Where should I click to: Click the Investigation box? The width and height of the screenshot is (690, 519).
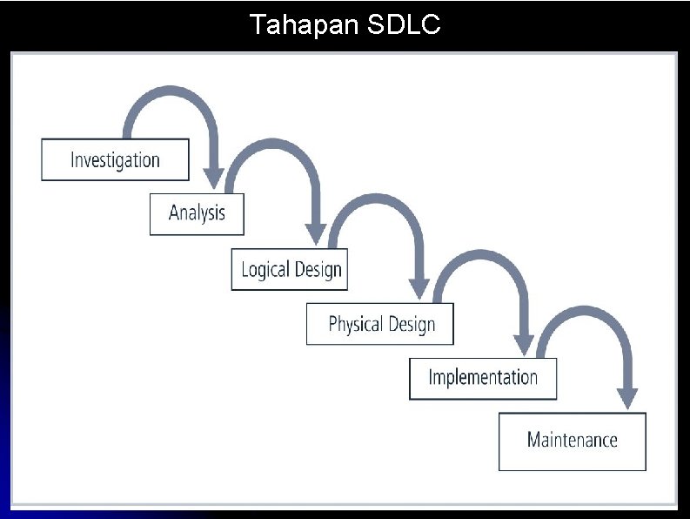click(x=115, y=160)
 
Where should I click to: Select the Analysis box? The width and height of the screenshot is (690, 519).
click(x=197, y=213)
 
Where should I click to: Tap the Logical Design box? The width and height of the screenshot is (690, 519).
click(x=291, y=269)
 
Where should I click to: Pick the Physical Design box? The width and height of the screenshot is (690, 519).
click(x=380, y=324)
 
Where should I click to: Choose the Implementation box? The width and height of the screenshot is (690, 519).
click(x=483, y=378)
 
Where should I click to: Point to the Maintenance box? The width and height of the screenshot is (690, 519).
click(x=572, y=440)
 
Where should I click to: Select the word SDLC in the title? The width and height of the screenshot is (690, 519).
click(x=405, y=25)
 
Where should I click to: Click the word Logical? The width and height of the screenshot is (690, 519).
click(x=265, y=269)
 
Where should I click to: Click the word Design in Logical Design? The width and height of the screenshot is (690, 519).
click(x=318, y=269)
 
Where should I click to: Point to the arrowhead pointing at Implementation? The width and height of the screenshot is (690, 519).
click(x=524, y=346)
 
